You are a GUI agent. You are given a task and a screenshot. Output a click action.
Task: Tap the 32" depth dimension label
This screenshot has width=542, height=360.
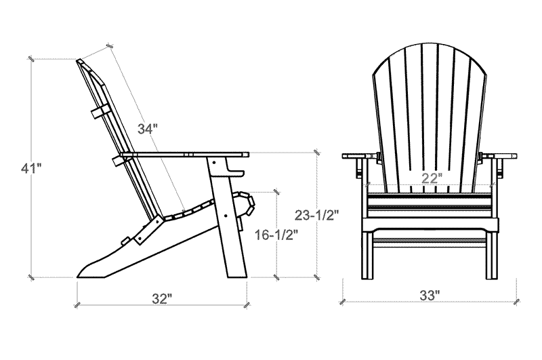pos(161,298)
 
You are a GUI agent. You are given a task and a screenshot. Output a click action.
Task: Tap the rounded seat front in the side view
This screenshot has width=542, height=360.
pos(244,202)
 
